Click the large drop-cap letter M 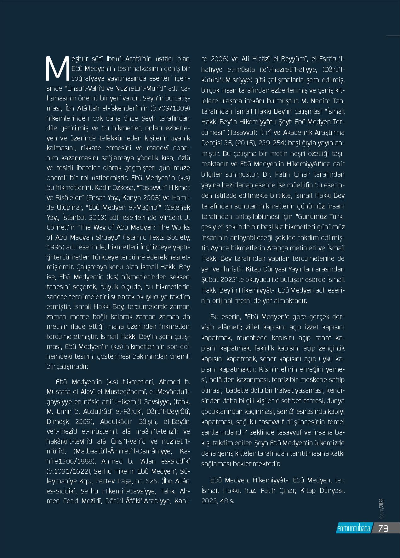[57, 68]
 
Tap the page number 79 [383, 528]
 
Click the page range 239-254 [272, 143]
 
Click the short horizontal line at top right [393, 36]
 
